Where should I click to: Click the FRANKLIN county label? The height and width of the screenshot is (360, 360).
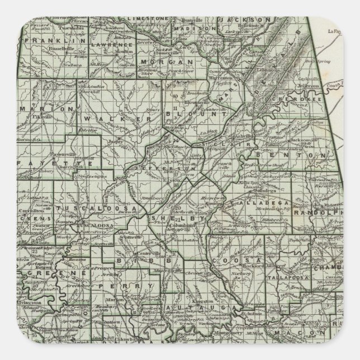pos(53,41)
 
